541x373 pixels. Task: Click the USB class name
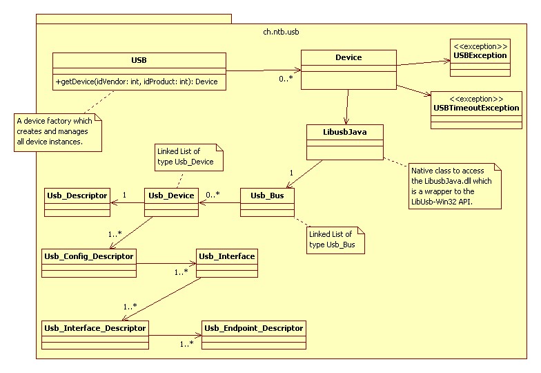tap(139, 60)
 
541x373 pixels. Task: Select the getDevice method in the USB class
tap(137, 82)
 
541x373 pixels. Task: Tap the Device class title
tap(348, 57)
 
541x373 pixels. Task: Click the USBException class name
tap(480, 55)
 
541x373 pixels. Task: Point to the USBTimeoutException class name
tap(476, 108)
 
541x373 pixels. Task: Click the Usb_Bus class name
tap(267, 195)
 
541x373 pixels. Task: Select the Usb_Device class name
tap(172, 195)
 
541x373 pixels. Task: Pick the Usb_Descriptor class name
tap(77, 195)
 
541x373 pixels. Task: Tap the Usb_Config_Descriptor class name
tap(88, 256)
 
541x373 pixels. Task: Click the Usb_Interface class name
tap(226, 256)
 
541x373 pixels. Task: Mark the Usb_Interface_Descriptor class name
tap(95, 327)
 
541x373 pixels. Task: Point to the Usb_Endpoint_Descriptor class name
tap(253, 327)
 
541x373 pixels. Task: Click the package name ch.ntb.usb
tap(282, 32)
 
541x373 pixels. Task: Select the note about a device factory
tap(58, 132)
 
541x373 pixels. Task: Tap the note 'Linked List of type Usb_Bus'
tap(335, 239)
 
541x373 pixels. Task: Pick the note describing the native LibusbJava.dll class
tap(452, 185)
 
